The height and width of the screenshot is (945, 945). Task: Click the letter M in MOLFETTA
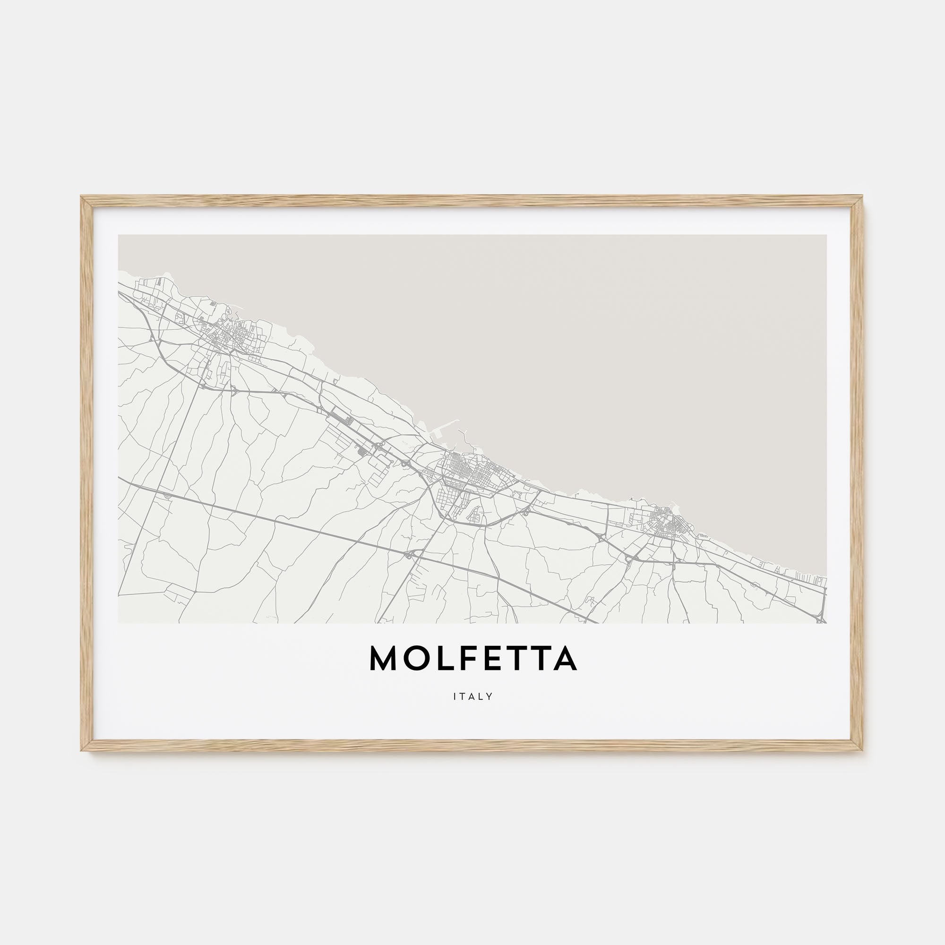pos(384,658)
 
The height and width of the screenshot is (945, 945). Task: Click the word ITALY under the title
pos(472,696)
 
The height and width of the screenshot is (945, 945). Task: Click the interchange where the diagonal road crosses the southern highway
pos(410,554)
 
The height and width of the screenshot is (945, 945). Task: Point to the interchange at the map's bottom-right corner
pos(820,619)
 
